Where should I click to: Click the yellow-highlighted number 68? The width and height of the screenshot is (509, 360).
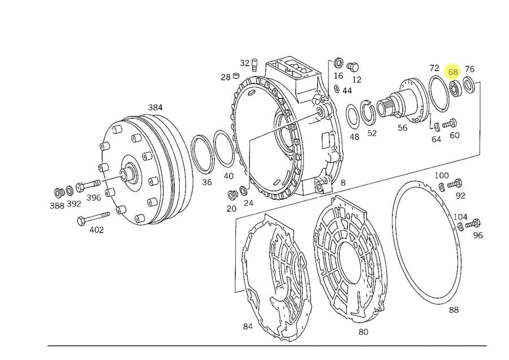452,72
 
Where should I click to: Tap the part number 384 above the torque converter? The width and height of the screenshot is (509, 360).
155,108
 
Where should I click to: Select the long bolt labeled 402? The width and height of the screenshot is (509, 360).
93,218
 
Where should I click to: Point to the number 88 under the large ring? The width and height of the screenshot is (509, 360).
454,310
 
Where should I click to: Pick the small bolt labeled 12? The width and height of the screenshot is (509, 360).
352,67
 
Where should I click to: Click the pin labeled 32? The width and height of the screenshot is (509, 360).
255,64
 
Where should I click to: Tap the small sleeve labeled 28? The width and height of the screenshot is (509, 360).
236,76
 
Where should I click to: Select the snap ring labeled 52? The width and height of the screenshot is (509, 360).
368,113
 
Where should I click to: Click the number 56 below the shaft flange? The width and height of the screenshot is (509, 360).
402,128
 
